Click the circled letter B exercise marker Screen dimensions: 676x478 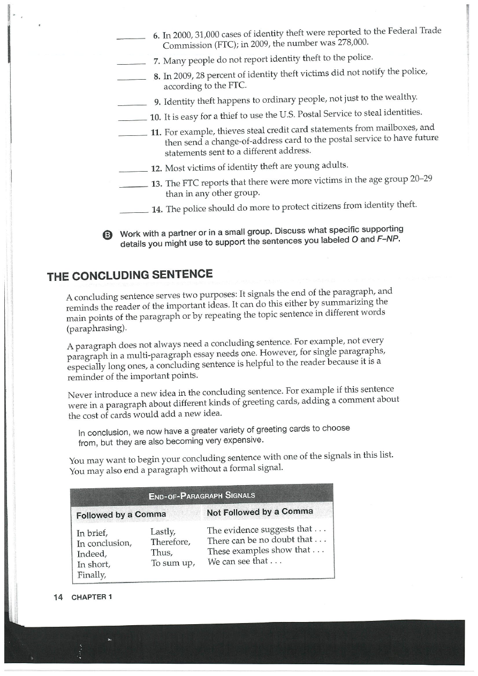click(107, 235)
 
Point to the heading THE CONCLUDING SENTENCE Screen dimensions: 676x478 click(130, 275)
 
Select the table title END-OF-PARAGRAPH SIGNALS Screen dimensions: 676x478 click(202, 495)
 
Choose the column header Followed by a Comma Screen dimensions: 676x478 click(121, 515)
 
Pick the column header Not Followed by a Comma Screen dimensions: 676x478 click(260, 511)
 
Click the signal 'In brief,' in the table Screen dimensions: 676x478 click(93, 533)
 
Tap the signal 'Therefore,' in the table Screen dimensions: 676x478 click(171, 542)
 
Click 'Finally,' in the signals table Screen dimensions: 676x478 click(92, 575)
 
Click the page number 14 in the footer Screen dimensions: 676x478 click(58, 597)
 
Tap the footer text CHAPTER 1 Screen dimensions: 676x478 click(92, 597)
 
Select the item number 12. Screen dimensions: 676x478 click(156, 168)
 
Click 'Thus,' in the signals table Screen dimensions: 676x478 click(162, 552)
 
